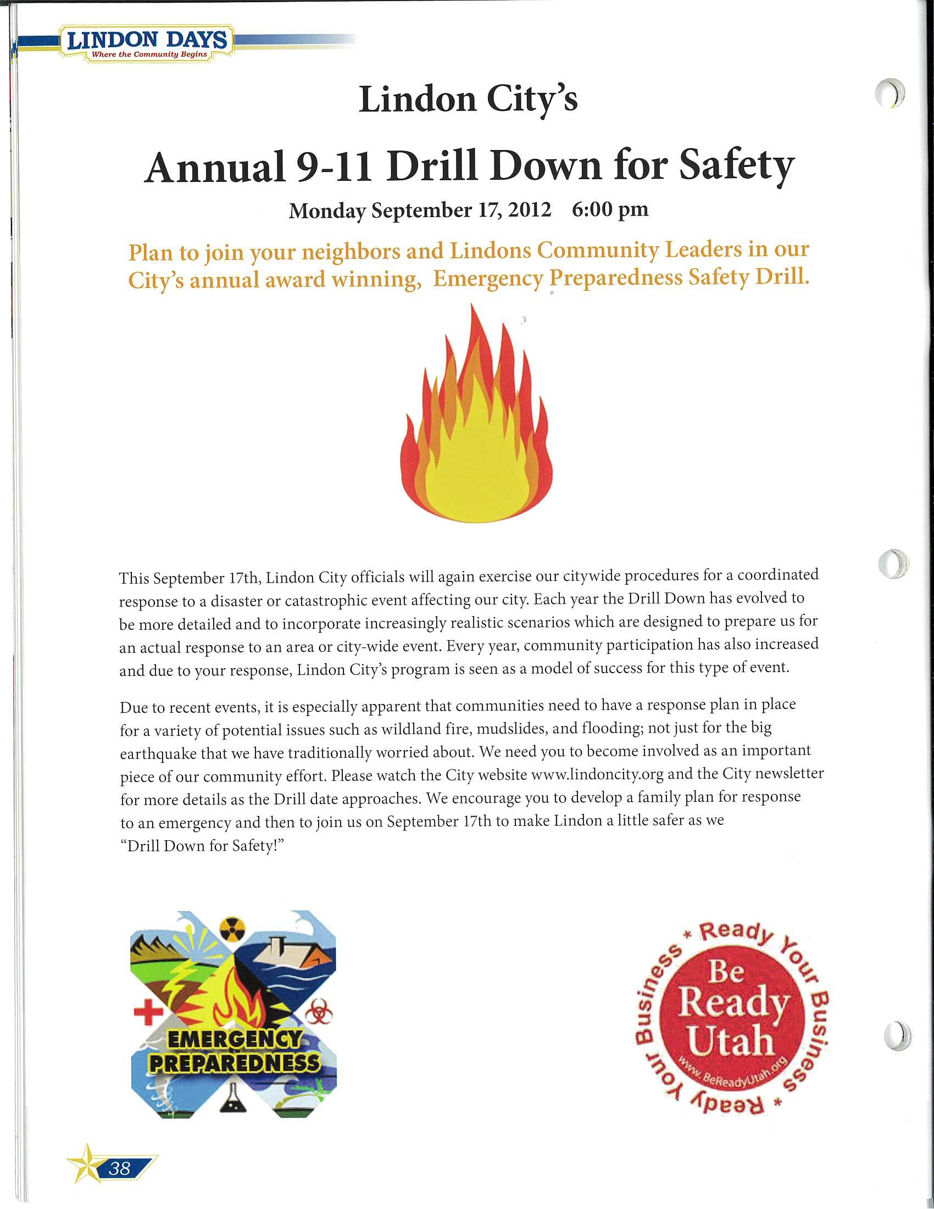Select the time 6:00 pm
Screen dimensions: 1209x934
[610, 210]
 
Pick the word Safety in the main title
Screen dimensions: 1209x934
[736, 166]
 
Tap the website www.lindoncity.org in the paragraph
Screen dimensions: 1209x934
[597, 774]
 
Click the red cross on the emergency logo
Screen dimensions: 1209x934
[148, 1012]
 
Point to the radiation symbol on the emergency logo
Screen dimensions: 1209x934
[231, 929]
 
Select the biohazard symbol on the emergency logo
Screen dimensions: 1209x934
[319, 1013]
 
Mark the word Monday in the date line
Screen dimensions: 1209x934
[327, 211]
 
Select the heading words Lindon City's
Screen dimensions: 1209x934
[468, 100]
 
